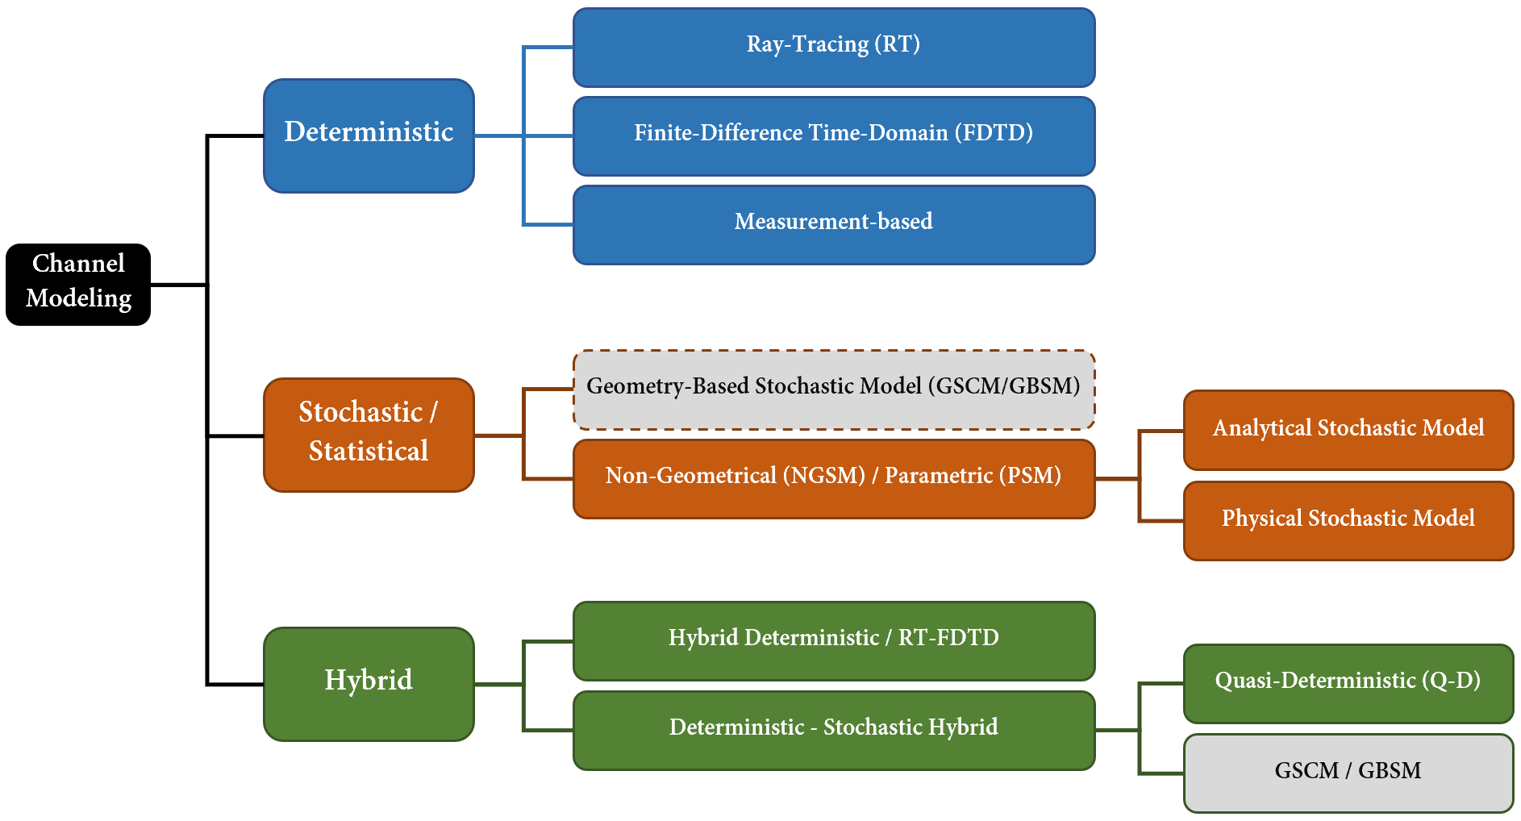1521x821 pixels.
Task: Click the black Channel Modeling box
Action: point(78,285)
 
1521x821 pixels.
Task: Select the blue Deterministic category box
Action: point(369,135)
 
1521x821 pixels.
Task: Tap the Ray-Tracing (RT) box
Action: point(834,48)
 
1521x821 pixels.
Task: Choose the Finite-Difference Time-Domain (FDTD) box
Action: point(834,136)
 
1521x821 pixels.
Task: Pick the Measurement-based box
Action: point(834,225)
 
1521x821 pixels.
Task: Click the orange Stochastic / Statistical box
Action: point(369,435)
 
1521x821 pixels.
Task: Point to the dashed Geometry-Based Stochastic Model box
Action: point(834,390)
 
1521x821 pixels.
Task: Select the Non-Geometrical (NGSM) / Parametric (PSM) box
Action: point(834,479)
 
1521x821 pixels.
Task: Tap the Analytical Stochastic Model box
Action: point(1348,430)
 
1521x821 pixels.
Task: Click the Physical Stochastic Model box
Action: point(1348,521)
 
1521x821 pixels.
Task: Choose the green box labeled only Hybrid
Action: point(369,684)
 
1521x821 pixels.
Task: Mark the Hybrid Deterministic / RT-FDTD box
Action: point(834,641)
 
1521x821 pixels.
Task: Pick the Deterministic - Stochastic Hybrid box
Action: point(834,731)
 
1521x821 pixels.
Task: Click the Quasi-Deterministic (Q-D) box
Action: point(1348,684)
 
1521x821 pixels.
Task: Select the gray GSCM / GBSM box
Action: point(1348,773)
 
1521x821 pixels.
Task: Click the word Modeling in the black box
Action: point(78,299)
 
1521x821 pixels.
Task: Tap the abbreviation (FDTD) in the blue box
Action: point(994,132)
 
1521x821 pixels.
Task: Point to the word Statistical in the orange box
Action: point(369,451)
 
